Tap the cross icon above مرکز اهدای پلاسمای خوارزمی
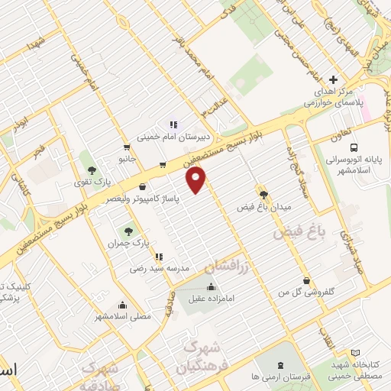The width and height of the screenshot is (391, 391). point(333,79)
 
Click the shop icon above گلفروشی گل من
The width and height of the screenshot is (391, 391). point(306,280)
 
